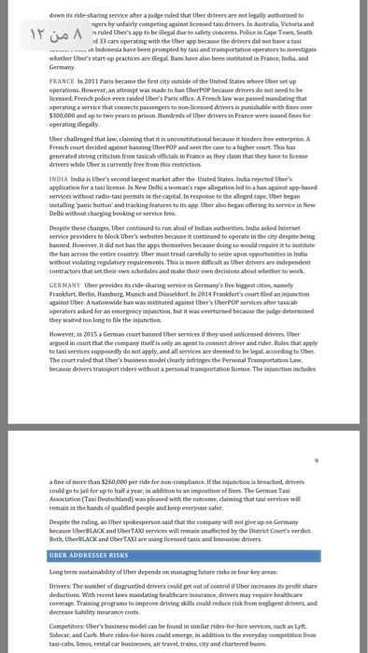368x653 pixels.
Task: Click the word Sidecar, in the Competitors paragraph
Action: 60,636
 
